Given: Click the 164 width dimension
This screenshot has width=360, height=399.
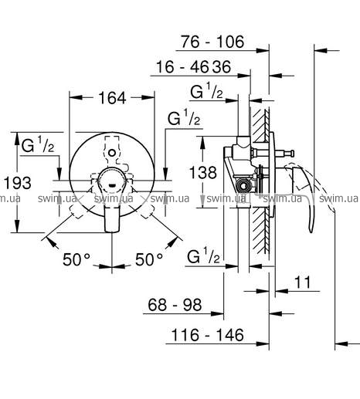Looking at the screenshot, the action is point(112,98).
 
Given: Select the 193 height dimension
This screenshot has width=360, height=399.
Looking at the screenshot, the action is point(18,183).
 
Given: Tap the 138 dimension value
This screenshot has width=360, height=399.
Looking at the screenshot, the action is point(203,172).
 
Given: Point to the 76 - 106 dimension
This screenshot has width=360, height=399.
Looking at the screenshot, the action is point(212,42).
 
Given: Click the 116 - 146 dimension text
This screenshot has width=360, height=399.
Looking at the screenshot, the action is point(207,335).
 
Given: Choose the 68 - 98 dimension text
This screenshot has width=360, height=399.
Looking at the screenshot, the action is point(175,305).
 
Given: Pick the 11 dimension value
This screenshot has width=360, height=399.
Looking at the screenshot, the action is point(303,282).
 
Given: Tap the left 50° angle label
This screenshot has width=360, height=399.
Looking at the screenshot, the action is point(76,259).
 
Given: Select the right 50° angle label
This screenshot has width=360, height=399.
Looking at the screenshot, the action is point(149,259).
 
